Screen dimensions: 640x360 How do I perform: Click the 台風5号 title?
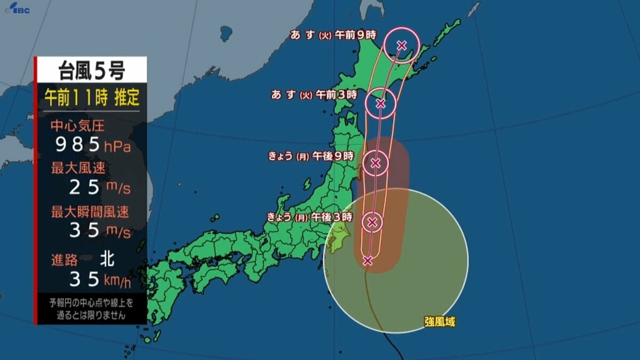[x=91, y=70]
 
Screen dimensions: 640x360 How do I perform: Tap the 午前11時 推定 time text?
[x=91, y=98]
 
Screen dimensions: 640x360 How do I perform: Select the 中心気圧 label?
[x=77, y=126]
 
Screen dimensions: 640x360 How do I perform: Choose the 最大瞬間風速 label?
[x=90, y=212]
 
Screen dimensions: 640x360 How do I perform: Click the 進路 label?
[x=65, y=260]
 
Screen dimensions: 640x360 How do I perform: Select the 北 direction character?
[x=107, y=260]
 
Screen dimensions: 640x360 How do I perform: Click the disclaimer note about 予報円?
[x=91, y=309]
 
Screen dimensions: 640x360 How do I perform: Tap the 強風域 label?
[x=440, y=322]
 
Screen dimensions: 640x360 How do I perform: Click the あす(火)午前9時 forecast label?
[x=333, y=35]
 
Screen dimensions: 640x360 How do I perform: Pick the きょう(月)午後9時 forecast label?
[x=310, y=156]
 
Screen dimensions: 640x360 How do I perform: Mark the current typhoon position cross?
[x=367, y=260]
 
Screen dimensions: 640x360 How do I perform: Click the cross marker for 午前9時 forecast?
[x=402, y=45]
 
